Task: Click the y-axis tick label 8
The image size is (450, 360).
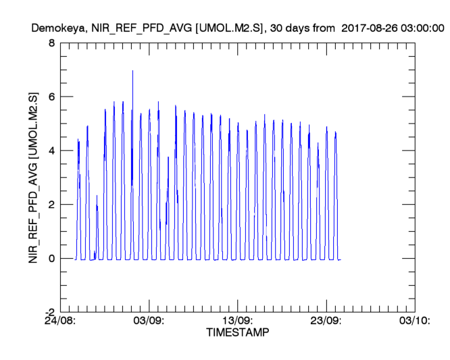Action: (51, 43)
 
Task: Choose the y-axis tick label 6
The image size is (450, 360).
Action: (51, 97)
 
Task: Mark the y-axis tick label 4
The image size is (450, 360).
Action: (51, 151)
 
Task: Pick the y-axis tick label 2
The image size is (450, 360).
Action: (51, 205)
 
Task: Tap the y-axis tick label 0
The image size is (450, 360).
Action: (51, 259)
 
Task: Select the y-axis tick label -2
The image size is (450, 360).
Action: (49, 312)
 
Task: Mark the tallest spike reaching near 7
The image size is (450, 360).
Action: (132, 72)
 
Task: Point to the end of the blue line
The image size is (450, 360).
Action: (341, 259)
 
